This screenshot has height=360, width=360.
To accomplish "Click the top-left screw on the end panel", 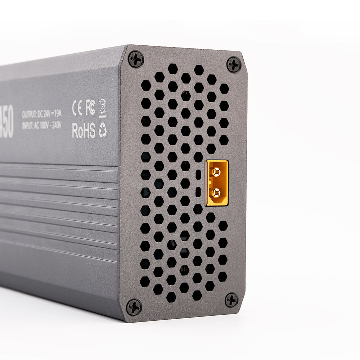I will point(136,59).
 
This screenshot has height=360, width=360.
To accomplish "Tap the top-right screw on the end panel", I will point(234,65).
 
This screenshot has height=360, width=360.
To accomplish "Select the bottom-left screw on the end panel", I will point(134,307).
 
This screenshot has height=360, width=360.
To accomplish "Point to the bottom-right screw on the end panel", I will point(231,300).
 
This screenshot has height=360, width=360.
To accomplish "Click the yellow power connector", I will point(217,183).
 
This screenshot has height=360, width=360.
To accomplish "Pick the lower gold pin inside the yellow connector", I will point(216,193).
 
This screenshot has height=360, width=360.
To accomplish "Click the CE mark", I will point(77,108).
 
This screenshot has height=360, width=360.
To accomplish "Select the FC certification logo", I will point(90,108).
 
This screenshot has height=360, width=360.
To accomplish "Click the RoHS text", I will point(84,130).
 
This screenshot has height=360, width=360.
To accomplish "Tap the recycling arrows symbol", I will point(103,130).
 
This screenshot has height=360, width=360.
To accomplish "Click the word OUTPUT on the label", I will point(29,115).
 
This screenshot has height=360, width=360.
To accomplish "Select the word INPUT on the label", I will point(28,126).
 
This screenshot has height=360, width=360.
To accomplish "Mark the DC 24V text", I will point(43,114).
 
